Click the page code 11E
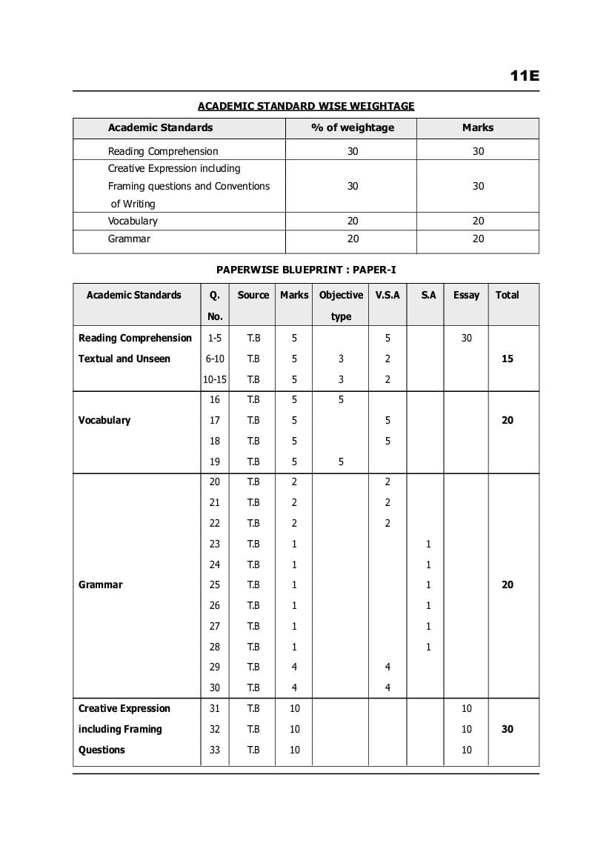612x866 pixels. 524,76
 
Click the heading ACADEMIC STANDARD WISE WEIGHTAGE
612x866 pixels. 306,106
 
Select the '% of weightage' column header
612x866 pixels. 352,127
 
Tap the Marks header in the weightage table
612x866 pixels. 478,127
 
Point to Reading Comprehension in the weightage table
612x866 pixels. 163,151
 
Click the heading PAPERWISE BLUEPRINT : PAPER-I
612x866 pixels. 306,270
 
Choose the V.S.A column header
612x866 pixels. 388,295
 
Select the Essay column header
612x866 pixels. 466,295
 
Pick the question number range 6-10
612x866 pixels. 215,359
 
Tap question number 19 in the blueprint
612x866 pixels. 215,462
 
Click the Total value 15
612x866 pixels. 508,359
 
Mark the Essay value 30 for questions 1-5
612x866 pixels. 466,338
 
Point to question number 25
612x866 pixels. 215,584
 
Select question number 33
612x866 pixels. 215,750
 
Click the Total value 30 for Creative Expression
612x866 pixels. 508,729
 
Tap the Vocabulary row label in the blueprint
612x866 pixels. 104,420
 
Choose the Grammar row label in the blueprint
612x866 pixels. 101,584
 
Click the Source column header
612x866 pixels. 253,295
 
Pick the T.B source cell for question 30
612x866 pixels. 253,687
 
